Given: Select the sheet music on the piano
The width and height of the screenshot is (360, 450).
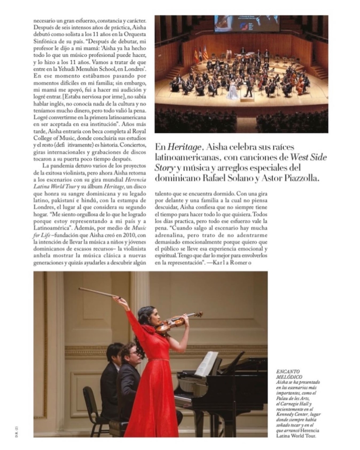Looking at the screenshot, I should point(206,363).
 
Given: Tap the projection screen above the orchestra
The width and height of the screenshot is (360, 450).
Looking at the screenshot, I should point(246,24).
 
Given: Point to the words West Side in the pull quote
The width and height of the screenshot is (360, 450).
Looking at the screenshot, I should point(309,157).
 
